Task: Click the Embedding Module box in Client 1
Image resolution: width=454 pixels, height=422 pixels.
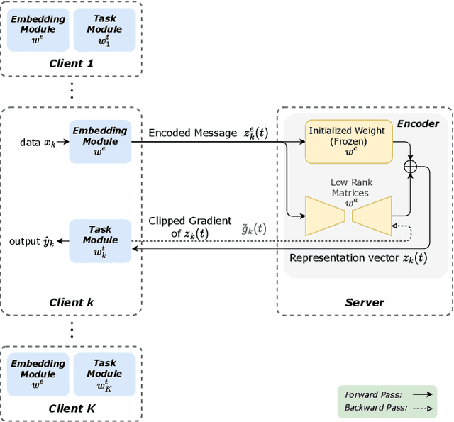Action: pos(38,30)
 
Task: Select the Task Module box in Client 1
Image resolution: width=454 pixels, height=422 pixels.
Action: pos(104,30)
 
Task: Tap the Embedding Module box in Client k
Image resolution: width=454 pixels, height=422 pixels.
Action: pos(100,141)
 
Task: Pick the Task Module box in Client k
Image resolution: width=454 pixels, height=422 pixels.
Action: pos(100,240)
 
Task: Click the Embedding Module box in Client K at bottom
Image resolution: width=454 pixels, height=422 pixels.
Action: pos(38,374)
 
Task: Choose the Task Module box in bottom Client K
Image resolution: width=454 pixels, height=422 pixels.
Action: pos(104,374)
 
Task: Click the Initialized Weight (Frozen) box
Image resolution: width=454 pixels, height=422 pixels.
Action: pos(348,141)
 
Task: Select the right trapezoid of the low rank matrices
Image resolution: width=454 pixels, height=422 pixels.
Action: pos(372,215)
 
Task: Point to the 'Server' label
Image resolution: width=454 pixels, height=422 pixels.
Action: pos(364,302)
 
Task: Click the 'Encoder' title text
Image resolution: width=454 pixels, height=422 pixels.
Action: pos(417,123)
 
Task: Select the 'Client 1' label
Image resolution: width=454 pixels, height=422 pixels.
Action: pos(71,63)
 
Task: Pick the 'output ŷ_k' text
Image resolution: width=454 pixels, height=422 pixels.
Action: pos(32,241)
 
